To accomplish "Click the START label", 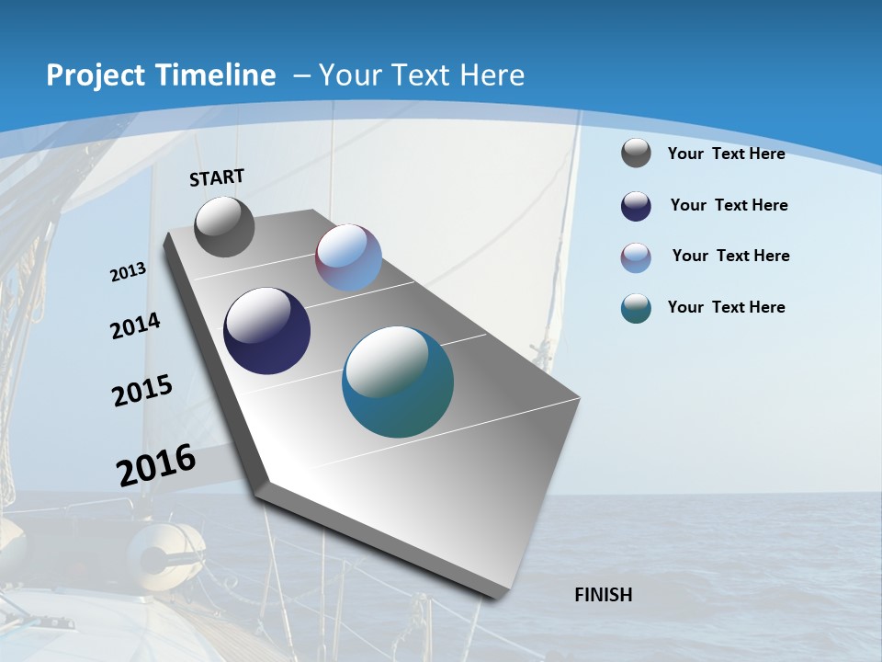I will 217,177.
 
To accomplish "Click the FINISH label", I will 604,595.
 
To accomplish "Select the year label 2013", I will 129,272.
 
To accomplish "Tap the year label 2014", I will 136,326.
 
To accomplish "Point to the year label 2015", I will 142,391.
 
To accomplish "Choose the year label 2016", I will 156,465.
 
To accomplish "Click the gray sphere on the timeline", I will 224,227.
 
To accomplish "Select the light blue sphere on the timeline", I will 348,257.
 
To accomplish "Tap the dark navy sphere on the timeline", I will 266,331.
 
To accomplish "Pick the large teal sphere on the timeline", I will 398,382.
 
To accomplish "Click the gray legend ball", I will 636,153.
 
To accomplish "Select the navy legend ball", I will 636,206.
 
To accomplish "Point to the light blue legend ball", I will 636,257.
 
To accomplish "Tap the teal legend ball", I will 636,308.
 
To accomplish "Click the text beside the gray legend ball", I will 726,154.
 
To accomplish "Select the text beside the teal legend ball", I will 726,307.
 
